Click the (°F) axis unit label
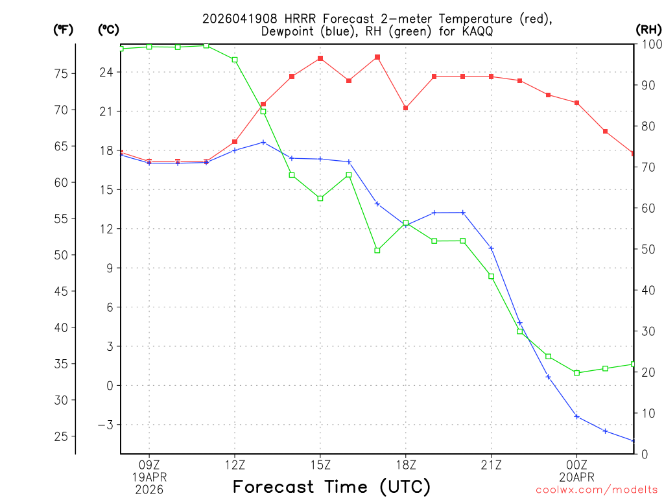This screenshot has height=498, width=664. (63, 30)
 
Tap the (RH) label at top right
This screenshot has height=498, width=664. (648, 30)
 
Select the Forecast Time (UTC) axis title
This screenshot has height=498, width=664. (331, 486)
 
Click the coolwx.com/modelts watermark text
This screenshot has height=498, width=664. (597, 490)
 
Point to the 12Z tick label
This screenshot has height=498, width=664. (235, 464)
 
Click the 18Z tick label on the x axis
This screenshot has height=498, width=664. (406, 464)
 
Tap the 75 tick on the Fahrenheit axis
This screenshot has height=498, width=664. (60, 74)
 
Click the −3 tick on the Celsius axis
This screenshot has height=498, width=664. (106, 425)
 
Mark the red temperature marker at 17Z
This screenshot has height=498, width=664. (377, 57)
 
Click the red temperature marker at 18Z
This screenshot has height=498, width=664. (406, 108)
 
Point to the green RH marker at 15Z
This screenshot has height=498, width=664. (320, 198)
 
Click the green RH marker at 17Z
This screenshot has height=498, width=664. (377, 250)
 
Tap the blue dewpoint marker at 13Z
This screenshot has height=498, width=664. (263, 142)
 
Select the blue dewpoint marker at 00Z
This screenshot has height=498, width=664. (576, 416)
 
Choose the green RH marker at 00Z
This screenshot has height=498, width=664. (576, 373)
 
